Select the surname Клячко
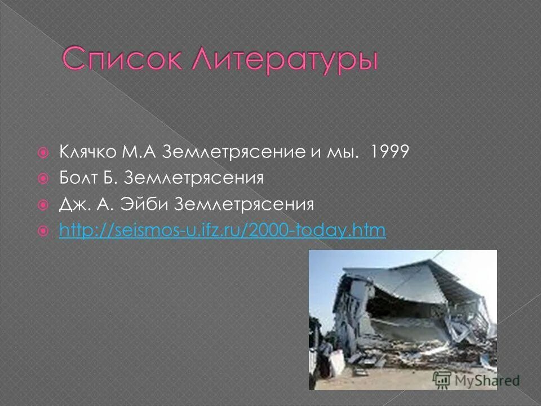point(87,152)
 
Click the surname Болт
point(78,178)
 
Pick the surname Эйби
point(147,204)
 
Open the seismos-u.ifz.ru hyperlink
point(222,230)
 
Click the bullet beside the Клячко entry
point(42,153)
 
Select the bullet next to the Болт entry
point(42,179)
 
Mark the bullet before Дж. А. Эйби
point(42,205)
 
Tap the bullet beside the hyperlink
point(42,231)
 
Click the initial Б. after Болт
point(111,178)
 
